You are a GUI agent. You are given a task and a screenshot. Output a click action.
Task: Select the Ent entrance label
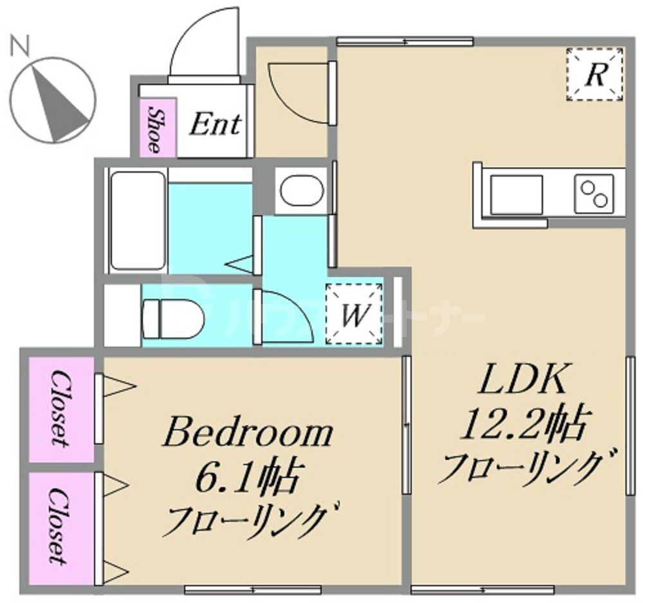tap(215, 124)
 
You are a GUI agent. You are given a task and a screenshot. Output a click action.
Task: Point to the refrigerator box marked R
tap(595, 74)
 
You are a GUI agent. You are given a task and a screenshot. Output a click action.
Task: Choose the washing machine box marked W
tap(355, 314)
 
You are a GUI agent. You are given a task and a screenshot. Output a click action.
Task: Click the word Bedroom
tap(248, 434)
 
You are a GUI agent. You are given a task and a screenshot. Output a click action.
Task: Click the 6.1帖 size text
tap(248, 478)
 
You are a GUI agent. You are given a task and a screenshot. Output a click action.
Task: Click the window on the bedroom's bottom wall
tap(253, 589)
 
